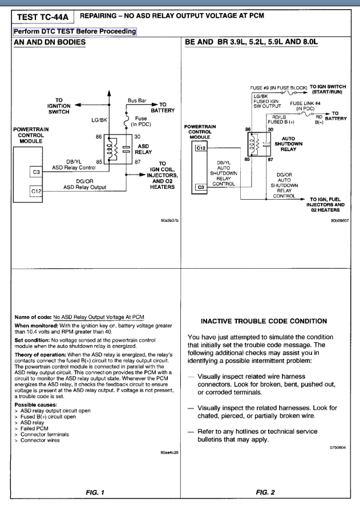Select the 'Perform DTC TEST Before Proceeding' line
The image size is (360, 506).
(71, 31)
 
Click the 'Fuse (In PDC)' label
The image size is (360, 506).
(140, 121)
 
